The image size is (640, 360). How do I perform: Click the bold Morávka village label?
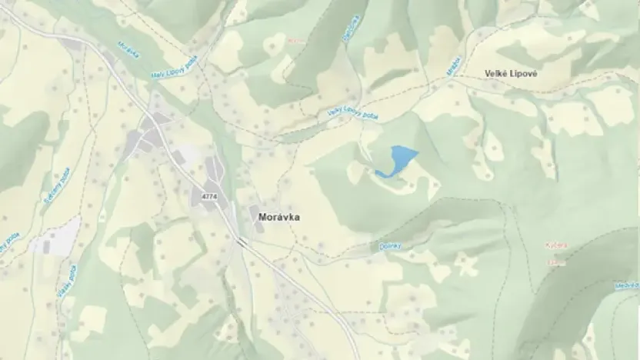(x=275, y=218)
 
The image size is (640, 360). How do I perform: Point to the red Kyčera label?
(x=556, y=246)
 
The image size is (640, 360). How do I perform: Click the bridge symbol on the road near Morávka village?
(x=242, y=242)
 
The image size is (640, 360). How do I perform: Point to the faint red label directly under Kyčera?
(x=556, y=262)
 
